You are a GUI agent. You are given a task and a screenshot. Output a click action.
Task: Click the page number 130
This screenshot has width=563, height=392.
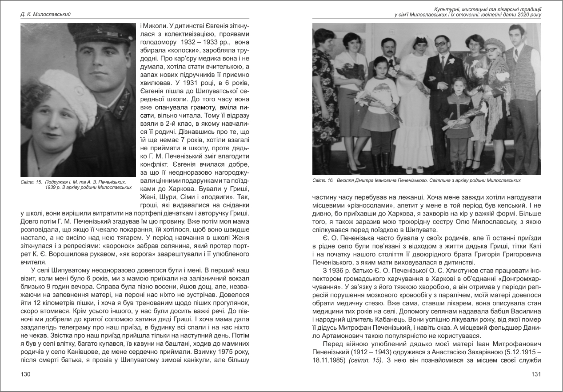pos(26,375)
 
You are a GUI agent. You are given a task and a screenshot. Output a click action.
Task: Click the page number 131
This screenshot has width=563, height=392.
pos(536,375)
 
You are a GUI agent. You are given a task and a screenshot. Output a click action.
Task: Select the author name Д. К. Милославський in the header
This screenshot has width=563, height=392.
pos(46,15)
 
